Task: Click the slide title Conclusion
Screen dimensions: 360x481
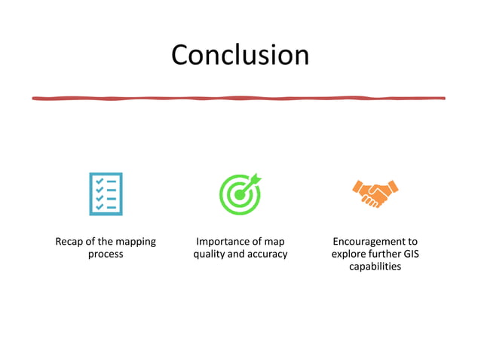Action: [x=240, y=56]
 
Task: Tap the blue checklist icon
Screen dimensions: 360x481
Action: [x=106, y=194]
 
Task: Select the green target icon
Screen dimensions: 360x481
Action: [x=240, y=194]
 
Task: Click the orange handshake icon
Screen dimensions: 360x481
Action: [x=375, y=194]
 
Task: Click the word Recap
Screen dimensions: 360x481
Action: [x=70, y=242]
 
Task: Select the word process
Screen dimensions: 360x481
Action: [x=106, y=255]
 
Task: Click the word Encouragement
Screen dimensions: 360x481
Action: [x=375, y=242]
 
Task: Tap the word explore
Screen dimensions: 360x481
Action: [x=348, y=255]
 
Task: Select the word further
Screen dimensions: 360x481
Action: [x=384, y=255]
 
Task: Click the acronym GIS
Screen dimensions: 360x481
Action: [x=412, y=255]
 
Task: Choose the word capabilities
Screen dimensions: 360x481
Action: [x=375, y=267]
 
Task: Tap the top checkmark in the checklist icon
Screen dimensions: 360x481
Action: [x=99, y=182]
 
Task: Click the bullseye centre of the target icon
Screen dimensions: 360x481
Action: [x=239, y=195]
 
